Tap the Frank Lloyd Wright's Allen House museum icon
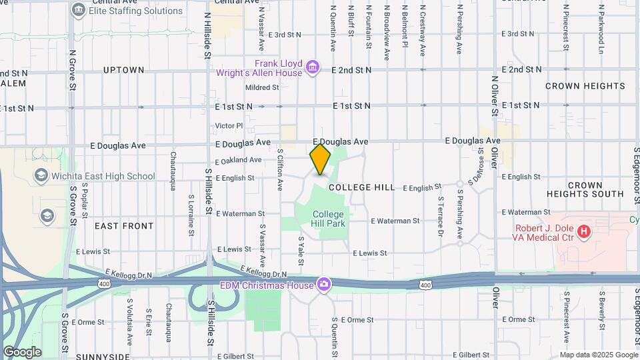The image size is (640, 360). point(312,67)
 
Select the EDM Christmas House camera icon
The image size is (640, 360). point(324,284)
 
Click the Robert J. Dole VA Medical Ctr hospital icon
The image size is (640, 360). point(584,232)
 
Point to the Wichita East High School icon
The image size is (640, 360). point(41,176)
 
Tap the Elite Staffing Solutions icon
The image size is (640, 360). point(79,10)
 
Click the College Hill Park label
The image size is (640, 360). point(329,219)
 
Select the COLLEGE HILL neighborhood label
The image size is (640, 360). point(362,188)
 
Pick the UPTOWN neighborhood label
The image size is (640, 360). point(123,70)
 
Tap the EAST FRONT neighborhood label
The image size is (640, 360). point(124,226)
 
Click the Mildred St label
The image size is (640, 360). point(261,87)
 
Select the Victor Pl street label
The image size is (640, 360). point(229,125)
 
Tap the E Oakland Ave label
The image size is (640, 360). point(239,161)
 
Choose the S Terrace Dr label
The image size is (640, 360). point(441,215)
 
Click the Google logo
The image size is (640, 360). point(23,352)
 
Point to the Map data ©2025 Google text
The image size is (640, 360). point(599,355)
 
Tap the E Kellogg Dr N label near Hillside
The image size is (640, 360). point(129,274)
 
